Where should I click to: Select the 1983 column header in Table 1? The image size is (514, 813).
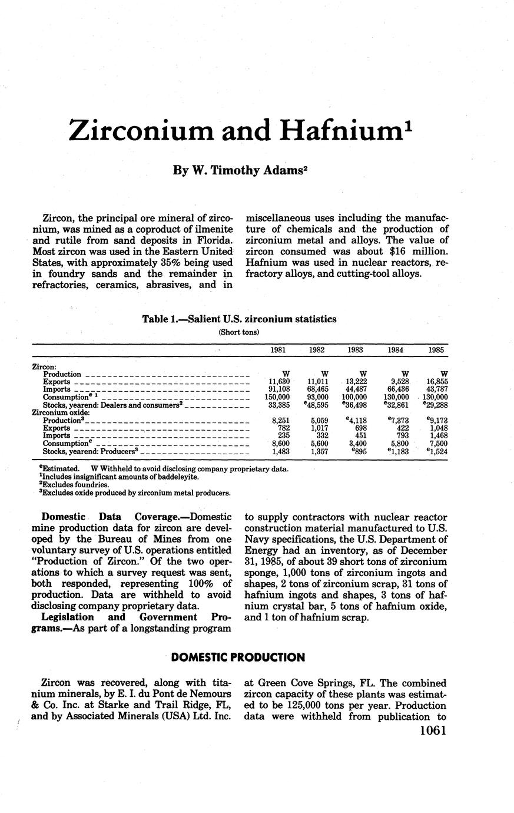pyautogui.click(x=355, y=349)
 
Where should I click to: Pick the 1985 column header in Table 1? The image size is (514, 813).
pyautogui.click(x=436, y=349)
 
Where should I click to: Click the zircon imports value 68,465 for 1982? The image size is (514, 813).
pyautogui.click(x=317, y=389)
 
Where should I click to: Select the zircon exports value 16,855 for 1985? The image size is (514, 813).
pyautogui.click(x=436, y=382)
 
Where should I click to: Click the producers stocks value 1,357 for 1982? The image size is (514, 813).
pyautogui.click(x=317, y=451)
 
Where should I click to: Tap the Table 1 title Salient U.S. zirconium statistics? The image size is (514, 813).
pyautogui.click(x=239, y=319)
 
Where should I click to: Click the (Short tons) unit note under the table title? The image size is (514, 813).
pyautogui.click(x=239, y=332)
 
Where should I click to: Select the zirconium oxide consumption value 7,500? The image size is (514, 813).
pyautogui.click(x=436, y=444)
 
